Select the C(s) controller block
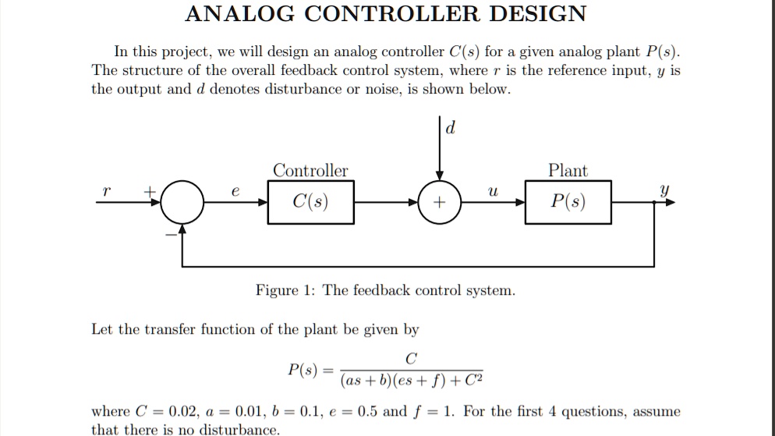pos(310,203)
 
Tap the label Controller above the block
pos(310,171)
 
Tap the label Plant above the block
pos(568,171)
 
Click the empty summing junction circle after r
pos(182,203)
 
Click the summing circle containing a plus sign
pos(441,203)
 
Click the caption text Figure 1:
pos(286,291)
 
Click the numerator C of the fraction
pos(411,359)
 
